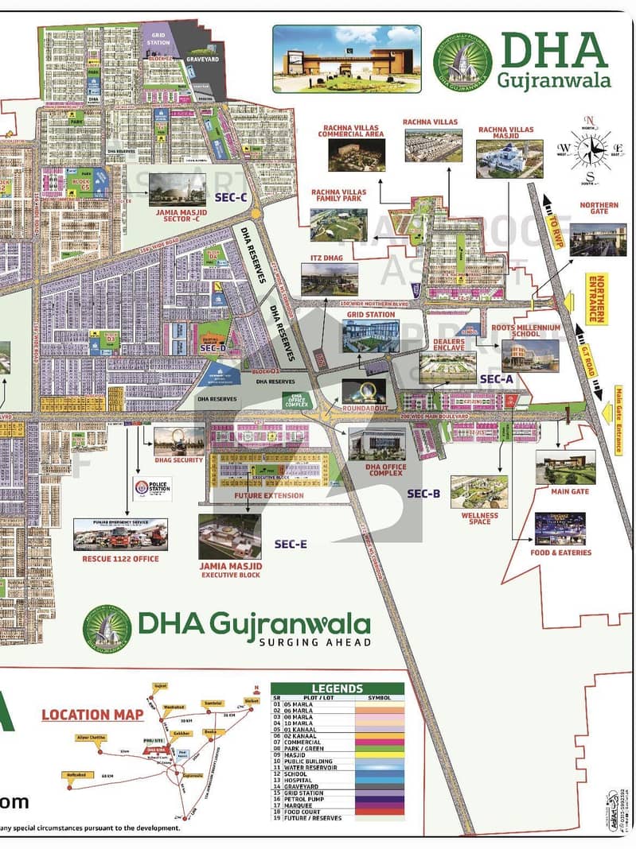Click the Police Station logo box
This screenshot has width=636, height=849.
click(152, 488)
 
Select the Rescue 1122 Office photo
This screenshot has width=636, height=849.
click(120, 535)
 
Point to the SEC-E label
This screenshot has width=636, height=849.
click(291, 544)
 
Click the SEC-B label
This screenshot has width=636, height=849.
click(423, 494)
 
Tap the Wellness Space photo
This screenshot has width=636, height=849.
click(479, 492)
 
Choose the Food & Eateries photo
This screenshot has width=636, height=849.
click(560, 529)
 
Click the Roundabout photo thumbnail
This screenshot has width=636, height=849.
click(364, 390)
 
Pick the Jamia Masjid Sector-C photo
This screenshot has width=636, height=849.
click(177, 190)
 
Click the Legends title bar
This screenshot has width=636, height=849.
click(337, 688)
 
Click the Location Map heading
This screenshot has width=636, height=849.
click(92, 714)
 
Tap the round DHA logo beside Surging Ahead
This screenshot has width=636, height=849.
click(107, 629)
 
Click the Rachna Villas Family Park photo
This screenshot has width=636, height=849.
click(338, 225)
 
